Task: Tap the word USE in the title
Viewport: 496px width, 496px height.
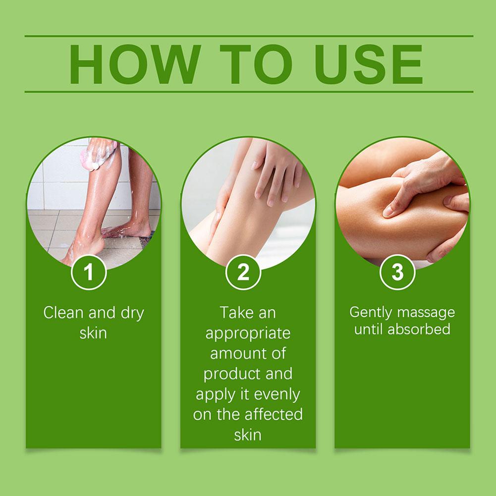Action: pos(369,64)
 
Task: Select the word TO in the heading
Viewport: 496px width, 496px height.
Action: pos(256,64)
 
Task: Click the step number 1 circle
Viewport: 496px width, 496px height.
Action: pos(89,272)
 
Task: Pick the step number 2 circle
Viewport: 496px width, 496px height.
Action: pos(243,272)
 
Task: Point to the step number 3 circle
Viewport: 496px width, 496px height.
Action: pos(397,272)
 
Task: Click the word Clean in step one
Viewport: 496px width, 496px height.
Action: pos(63,313)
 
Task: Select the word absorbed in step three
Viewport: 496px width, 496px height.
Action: pos(419,329)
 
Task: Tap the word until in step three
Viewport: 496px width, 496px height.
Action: pos(369,329)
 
